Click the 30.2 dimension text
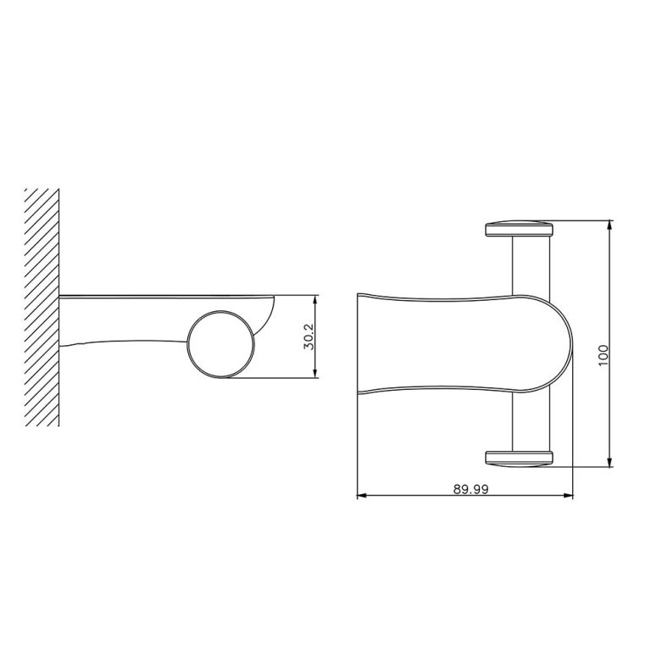coord(309,337)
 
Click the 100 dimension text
coord(604,353)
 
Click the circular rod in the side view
coord(220,344)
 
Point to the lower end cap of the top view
coord(519,459)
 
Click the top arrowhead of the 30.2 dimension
coord(316,299)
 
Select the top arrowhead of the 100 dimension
coord(610,225)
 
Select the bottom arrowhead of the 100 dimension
coord(610,463)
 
